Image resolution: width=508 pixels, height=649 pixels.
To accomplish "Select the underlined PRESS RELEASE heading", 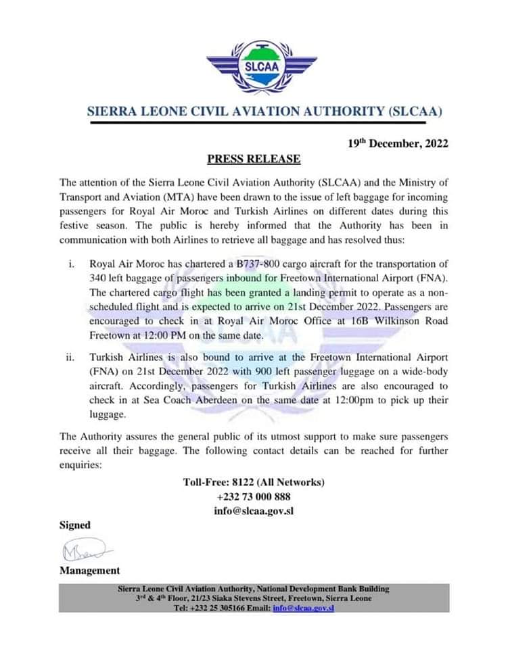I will (x=254, y=160).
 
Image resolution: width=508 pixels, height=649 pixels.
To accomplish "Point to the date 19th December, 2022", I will (x=398, y=143).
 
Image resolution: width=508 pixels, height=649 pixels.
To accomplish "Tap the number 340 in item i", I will (x=99, y=278).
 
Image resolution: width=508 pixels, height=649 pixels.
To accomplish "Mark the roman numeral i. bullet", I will (x=72, y=263).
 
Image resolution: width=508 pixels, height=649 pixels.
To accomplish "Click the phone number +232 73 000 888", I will (x=254, y=497).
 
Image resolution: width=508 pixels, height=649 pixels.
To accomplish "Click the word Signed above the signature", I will (x=74, y=525).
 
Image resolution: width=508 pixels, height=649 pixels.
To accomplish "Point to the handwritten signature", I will (x=84, y=549).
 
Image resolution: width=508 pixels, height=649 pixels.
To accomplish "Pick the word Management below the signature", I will (x=89, y=571).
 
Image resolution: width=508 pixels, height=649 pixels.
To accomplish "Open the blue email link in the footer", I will (x=303, y=608).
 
